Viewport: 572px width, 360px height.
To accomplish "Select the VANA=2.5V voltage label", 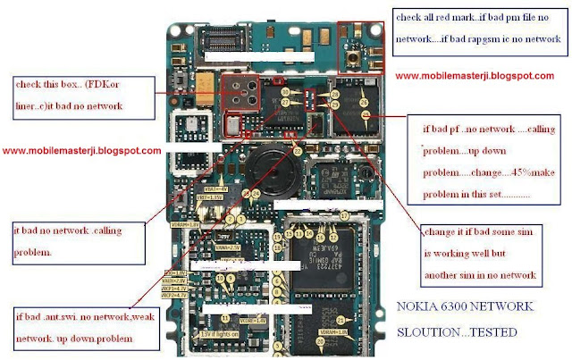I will pyautogui.click(x=230, y=247).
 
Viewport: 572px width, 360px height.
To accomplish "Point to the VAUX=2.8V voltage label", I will pyautogui.click(x=175, y=280).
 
